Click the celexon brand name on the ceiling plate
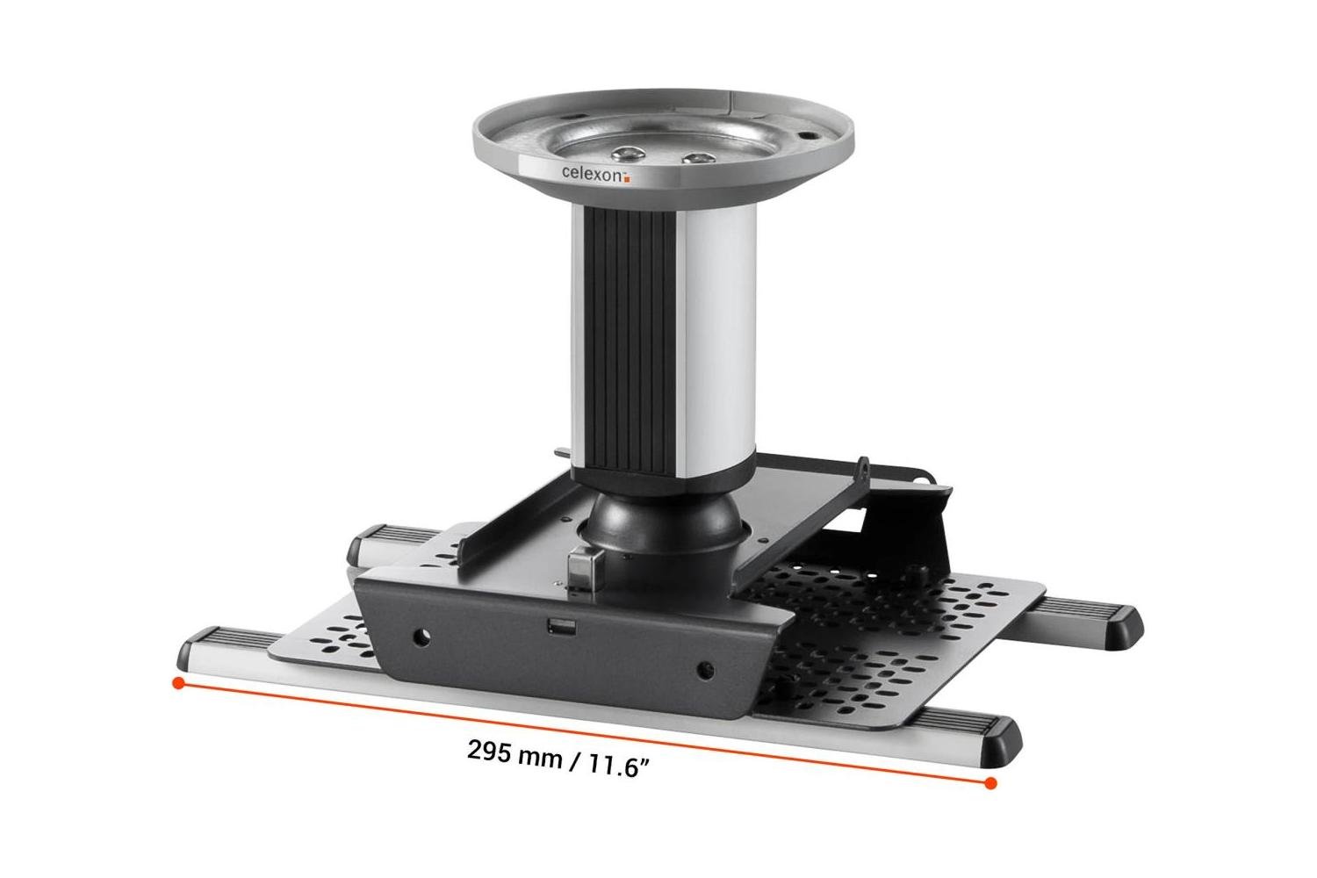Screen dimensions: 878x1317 pyautogui.click(x=592, y=173)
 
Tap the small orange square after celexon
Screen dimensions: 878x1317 pyautogui.click(x=627, y=177)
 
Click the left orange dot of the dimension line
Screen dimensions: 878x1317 pyautogui.click(x=178, y=682)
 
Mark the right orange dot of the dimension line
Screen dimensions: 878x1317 pyautogui.click(x=990, y=782)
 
